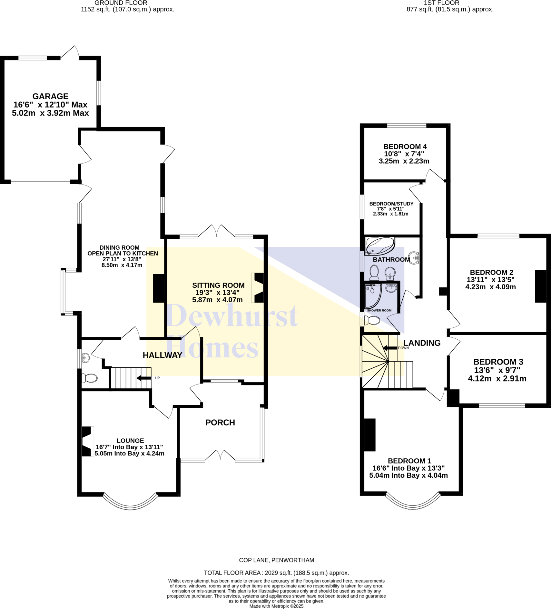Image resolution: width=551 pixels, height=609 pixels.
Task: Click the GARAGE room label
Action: coord(50,96)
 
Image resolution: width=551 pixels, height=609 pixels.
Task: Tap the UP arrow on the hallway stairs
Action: coord(144,378)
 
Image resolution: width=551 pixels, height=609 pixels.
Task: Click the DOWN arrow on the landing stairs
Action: coord(389,348)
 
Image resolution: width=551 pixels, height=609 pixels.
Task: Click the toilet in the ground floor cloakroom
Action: coord(90,378)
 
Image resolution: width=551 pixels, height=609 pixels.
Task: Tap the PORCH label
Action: coord(220,422)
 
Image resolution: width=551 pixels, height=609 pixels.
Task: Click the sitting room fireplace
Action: coord(259,287)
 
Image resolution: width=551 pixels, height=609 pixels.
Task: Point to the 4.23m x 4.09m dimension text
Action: coord(490,287)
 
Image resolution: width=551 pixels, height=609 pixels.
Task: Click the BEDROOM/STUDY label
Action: coord(391,204)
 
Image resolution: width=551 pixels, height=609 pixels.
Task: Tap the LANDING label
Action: coord(422,343)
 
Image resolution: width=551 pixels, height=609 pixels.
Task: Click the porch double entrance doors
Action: coord(220,455)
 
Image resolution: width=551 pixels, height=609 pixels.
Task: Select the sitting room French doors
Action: coord(216,231)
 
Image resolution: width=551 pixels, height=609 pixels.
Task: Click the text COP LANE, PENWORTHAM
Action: coord(276,560)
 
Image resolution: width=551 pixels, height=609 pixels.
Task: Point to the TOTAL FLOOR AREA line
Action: coord(276,573)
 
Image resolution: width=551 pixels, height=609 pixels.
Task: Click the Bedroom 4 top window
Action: coord(406,125)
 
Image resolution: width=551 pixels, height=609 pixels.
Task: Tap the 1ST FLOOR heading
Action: coord(441,3)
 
